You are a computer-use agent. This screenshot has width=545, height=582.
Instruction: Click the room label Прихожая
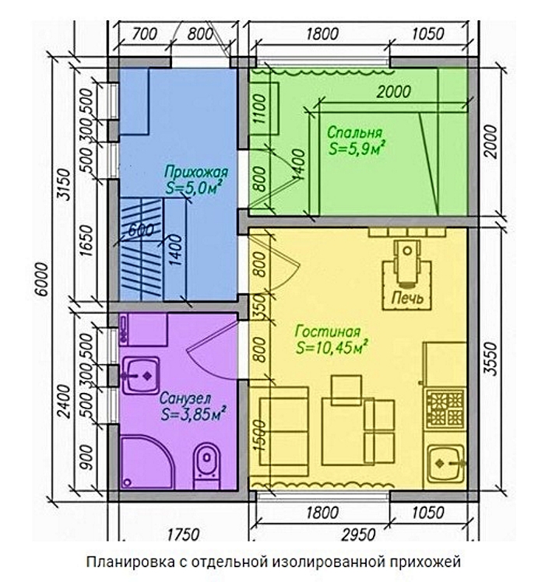(195, 173)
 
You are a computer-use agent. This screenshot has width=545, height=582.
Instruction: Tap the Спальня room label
(354, 132)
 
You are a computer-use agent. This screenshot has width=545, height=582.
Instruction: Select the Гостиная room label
(328, 331)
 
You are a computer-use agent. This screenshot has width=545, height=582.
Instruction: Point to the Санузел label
(185, 398)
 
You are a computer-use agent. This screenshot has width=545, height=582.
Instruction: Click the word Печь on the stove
(407, 298)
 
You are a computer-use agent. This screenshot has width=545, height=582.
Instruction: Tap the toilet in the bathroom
(207, 465)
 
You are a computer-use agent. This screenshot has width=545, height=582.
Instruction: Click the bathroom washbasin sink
(140, 376)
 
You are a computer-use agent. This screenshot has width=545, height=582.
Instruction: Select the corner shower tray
(147, 462)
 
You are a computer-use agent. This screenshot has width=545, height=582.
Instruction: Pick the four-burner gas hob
(445, 408)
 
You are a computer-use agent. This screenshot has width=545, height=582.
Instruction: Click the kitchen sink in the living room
(445, 463)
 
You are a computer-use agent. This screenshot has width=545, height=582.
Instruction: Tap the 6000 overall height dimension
(43, 279)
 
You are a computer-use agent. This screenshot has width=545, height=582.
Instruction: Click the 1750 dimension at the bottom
(183, 535)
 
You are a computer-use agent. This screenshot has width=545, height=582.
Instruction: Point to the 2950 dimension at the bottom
(359, 535)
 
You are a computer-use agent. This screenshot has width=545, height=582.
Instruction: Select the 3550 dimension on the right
(491, 359)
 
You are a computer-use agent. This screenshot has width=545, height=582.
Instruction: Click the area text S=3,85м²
(194, 414)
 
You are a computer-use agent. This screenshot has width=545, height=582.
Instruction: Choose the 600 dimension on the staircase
(140, 230)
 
